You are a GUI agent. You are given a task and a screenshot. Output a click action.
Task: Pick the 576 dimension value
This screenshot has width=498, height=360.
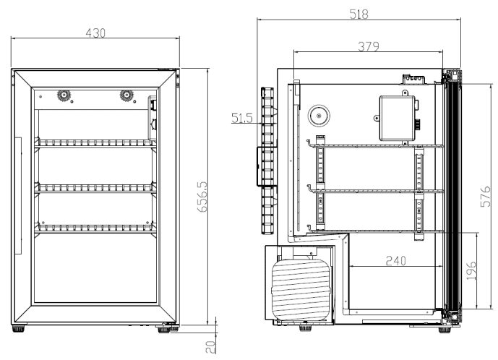pyautogui.click(x=486, y=197)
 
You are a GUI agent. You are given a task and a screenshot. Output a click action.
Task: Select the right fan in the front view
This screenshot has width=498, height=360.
pyautogui.click(x=128, y=95)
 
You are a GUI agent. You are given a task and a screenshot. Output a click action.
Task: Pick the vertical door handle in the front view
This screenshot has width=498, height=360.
pyautogui.click(x=22, y=195)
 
